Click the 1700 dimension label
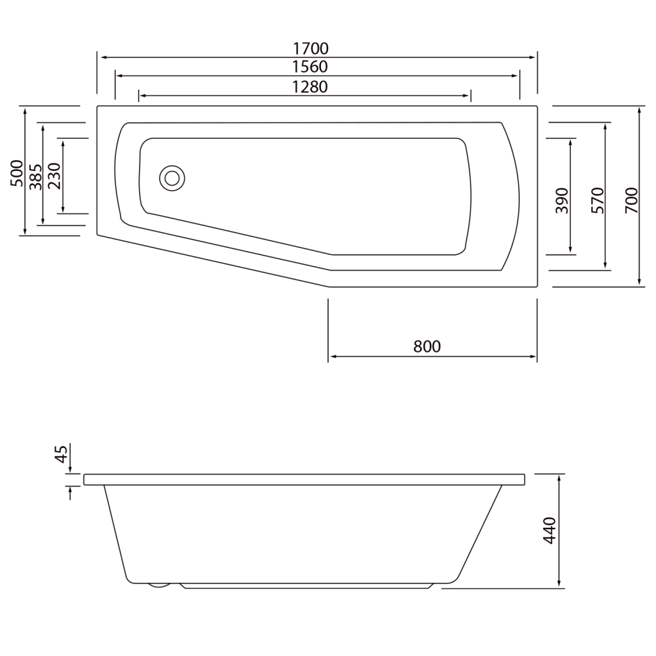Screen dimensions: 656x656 [x=311, y=49]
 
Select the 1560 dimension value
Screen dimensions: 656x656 [x=310, y=67]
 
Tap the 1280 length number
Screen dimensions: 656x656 [x=310, y=86]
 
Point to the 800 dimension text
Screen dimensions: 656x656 [x=427, y=347]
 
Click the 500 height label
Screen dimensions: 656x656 [x=17, y=173]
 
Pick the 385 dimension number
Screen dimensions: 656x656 [x=35, y=177]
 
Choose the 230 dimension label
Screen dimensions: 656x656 [x=54, y=176]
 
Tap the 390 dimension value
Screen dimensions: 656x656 [x=562, y=201]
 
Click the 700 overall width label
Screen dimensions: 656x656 [x=631, y=201]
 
